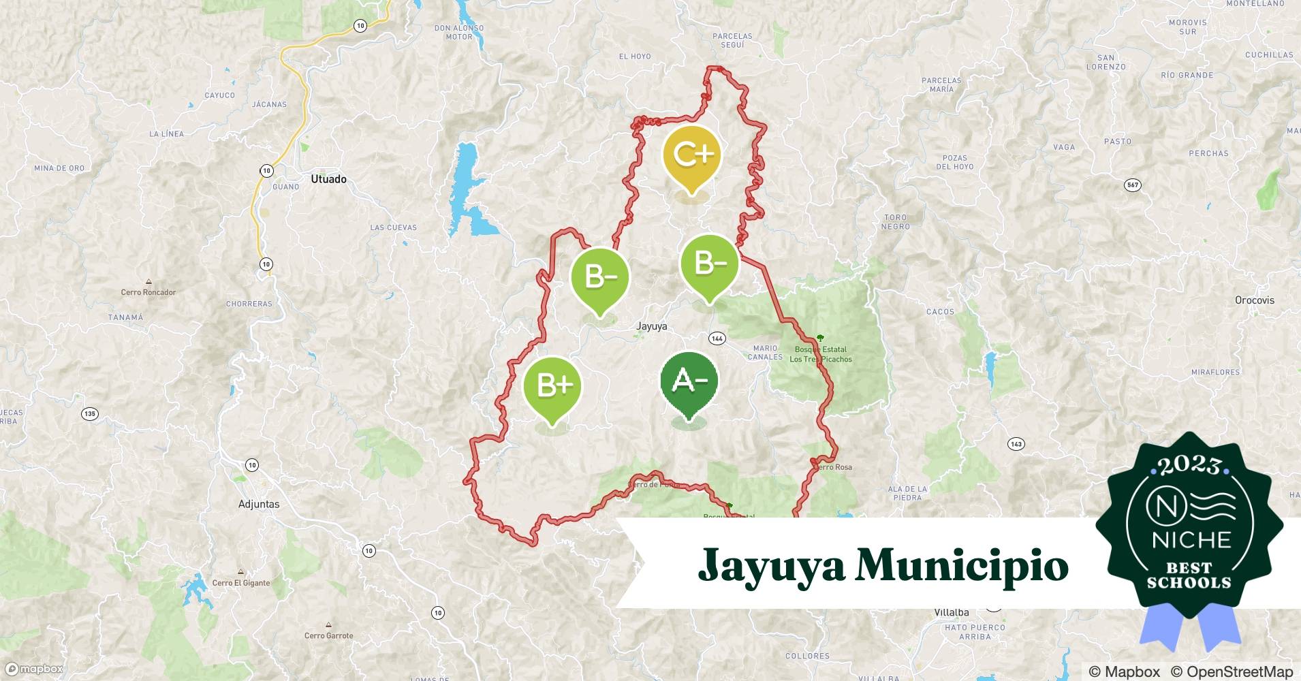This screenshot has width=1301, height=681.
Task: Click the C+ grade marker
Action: [x=691, y=156]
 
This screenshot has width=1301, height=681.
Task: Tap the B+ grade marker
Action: [x=552, y=386]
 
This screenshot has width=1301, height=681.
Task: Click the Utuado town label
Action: [x=328, y=179]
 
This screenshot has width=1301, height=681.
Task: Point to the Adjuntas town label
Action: [x=259, y=504]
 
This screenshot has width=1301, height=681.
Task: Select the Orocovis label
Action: [x=1254, y=300]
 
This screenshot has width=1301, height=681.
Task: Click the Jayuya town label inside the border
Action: [x=651, y=326]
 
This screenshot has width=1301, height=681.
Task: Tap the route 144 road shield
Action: [x=717, y=338]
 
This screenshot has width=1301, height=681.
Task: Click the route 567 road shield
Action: [x=1132, y=185]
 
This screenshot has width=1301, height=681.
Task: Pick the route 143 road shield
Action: [x=1016, y=444]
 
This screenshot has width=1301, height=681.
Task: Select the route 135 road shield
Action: [x=89, y=413]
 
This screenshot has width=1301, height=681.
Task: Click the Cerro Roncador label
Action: [x=148, y=292]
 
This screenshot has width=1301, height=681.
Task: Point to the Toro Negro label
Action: [x=895, y=222]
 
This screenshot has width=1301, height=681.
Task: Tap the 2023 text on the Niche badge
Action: [x=1189, y=466]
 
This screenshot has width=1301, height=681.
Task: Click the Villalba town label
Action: [x=951, y=612]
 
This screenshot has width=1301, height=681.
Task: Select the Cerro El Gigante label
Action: [x=240, y=583]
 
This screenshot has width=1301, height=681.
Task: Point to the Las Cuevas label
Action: [x=393, y=227]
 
